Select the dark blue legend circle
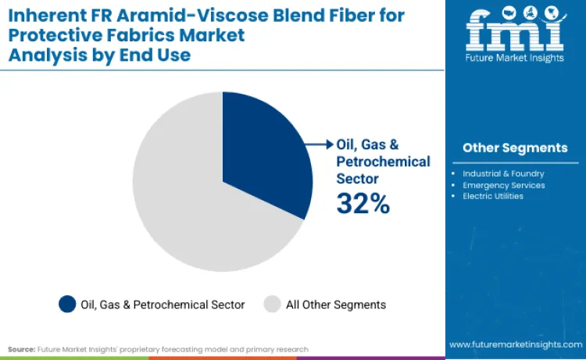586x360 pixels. point(68,305)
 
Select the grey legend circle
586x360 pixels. point(273,305)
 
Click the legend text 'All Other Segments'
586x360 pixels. point(335,305)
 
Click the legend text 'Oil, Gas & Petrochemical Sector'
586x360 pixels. point(163,305)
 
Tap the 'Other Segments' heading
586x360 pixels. point(515,148)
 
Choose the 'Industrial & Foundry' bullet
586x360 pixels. point(502,173)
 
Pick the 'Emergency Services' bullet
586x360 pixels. point(502,185)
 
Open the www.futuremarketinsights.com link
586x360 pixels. point(515,344)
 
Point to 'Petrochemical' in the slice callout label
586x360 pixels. point(383,162)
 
